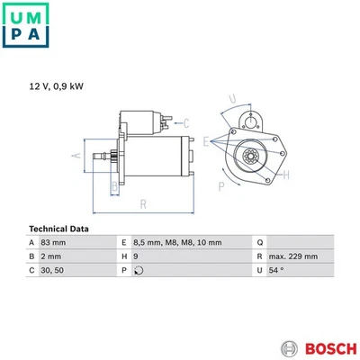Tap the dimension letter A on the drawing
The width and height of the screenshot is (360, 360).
tap(76, 156)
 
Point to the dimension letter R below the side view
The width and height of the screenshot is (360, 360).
tap(141, 205)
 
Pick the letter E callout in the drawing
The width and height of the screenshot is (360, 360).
tap(208, 140)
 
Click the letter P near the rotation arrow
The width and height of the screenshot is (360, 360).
tap(220, 185)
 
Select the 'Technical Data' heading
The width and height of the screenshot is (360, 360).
tap(60, 229)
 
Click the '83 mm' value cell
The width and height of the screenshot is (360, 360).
tap(55, 243)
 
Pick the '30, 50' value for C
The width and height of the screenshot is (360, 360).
tap(54, 270)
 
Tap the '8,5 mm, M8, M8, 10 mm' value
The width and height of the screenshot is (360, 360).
tap(175, 243)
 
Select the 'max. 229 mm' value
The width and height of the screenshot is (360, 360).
tap(292, 256)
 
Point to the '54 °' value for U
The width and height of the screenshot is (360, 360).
tap(278, 270)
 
